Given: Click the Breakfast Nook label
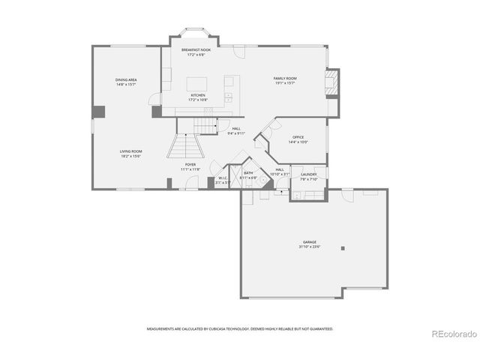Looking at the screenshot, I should (195, 49).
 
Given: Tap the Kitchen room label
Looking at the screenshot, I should (197, 95).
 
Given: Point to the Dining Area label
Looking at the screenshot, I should (126, 79).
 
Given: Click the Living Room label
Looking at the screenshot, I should (130, 151).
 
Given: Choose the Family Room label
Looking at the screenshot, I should (284, 78).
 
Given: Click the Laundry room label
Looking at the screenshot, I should (309, 175).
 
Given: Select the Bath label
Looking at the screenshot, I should (248, 173).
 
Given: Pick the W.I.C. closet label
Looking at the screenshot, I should (223, 178).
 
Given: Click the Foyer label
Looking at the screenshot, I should (190, 164).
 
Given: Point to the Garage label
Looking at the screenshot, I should (310, 241).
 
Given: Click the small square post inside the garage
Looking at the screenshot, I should (343, 248).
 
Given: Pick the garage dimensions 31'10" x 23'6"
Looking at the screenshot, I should (310, 247).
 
